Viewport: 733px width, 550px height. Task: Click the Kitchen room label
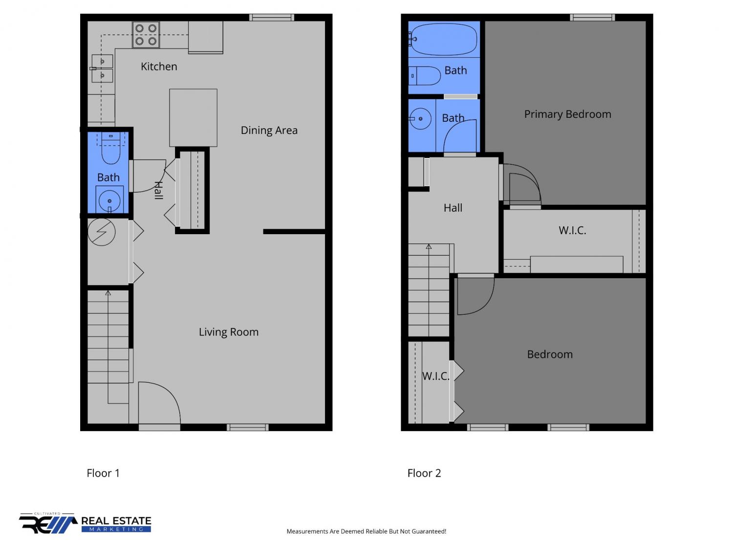coord(159,66)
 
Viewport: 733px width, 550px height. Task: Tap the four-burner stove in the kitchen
coord(146,35)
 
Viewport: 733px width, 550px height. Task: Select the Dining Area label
coord(269,130)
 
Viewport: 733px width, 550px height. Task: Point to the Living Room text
coord(228,332)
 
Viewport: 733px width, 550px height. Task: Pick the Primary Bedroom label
coord(567,114)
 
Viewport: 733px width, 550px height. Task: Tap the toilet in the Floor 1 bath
coord(111,148)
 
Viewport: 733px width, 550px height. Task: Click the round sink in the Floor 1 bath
coord(109,200)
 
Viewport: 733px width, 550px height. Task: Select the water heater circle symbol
coord(102,232)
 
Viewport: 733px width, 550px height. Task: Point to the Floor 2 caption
coord(424,473)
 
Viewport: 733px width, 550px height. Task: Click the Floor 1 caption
coord(103,473)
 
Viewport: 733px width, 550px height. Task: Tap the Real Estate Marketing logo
coord(85,523)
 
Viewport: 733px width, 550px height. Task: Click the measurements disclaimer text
coord(366,531)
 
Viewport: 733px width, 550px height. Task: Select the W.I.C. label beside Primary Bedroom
coord(572,230)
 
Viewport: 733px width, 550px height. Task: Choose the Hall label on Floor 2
coord(453,208)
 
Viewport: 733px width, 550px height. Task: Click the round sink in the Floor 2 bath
coord(420,118)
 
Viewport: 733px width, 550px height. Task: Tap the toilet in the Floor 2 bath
coord(425,76)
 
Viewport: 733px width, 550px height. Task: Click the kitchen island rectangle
coord(193,117)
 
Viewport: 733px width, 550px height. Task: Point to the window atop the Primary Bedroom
coord(592,18)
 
